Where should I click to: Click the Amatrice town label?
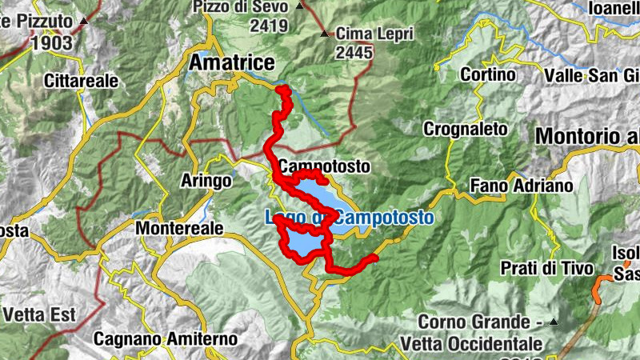click(x=232, y=63)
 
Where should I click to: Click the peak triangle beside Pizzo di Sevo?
click(x=300, y=6)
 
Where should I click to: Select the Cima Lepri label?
click(x=371, y=34)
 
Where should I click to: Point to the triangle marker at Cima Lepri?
click(x=325, y=34)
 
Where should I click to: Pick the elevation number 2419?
click(x=268, y=25)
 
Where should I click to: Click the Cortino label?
click(x=488, y=74)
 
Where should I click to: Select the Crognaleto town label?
click(x=465, y=128)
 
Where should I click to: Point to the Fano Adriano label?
click(x=522, y=186)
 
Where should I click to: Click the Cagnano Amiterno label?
click(x=166, y=339)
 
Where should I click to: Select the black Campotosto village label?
click(x=326, y=167)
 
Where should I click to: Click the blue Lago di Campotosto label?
click(x=349, y=217)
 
